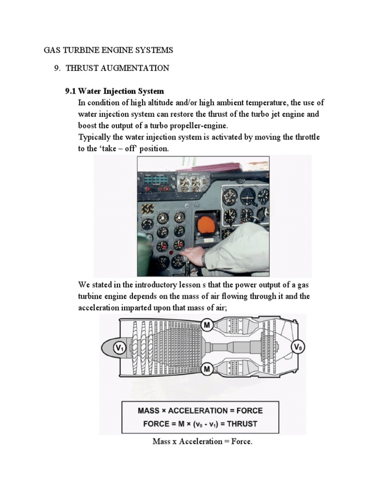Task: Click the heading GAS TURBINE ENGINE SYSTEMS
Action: click(x=108, y=50)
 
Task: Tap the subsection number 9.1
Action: click(x=71, y=91)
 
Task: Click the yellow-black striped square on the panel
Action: click(x=148, y=208)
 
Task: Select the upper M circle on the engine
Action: click(x=207, y=325)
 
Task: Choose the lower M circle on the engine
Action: click(x=207, y=369)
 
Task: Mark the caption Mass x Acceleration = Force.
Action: click(x=202, y=441)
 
